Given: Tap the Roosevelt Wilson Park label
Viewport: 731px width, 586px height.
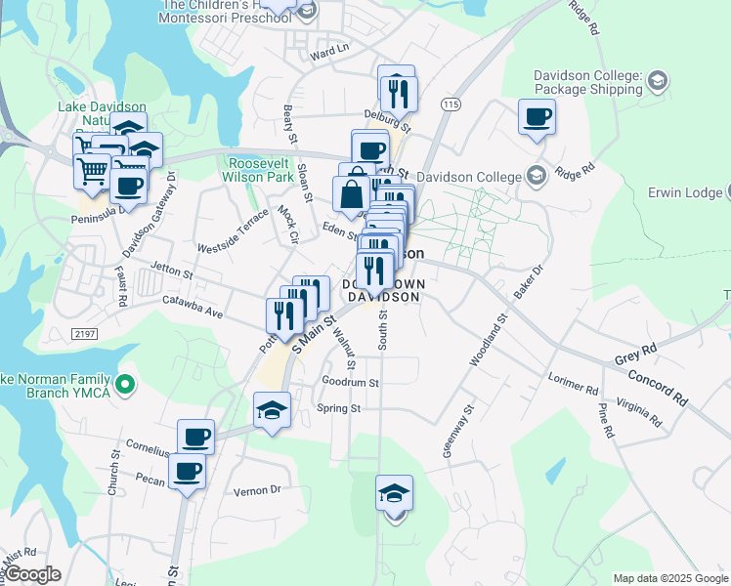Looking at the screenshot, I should (261, 171).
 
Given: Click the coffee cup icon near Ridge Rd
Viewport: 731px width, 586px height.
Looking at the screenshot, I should (537, 117).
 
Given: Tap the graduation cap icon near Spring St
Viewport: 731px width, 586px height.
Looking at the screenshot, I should (272, 410).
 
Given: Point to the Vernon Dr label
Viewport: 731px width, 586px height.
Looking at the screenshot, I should (257, 490).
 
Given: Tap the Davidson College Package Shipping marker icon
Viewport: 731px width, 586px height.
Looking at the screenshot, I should (657, 80).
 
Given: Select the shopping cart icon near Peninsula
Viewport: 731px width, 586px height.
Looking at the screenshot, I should (93, 171).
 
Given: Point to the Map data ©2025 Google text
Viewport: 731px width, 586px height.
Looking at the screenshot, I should (669, 578).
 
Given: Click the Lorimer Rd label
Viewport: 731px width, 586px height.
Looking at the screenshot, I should (574, 381).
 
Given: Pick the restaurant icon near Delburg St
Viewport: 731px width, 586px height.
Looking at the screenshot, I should (399, 93).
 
